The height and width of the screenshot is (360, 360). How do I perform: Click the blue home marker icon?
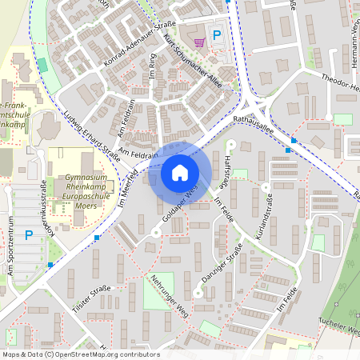pyautogui.click(x=180, y=173)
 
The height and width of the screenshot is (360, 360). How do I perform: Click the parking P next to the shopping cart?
pyautogui.click(x=216, y=35)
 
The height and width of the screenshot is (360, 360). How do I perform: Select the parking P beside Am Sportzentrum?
pyautogui.click(x=29, y=234)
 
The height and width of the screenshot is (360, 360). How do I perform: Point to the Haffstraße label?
pyautogui.click(x=226, y=167)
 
